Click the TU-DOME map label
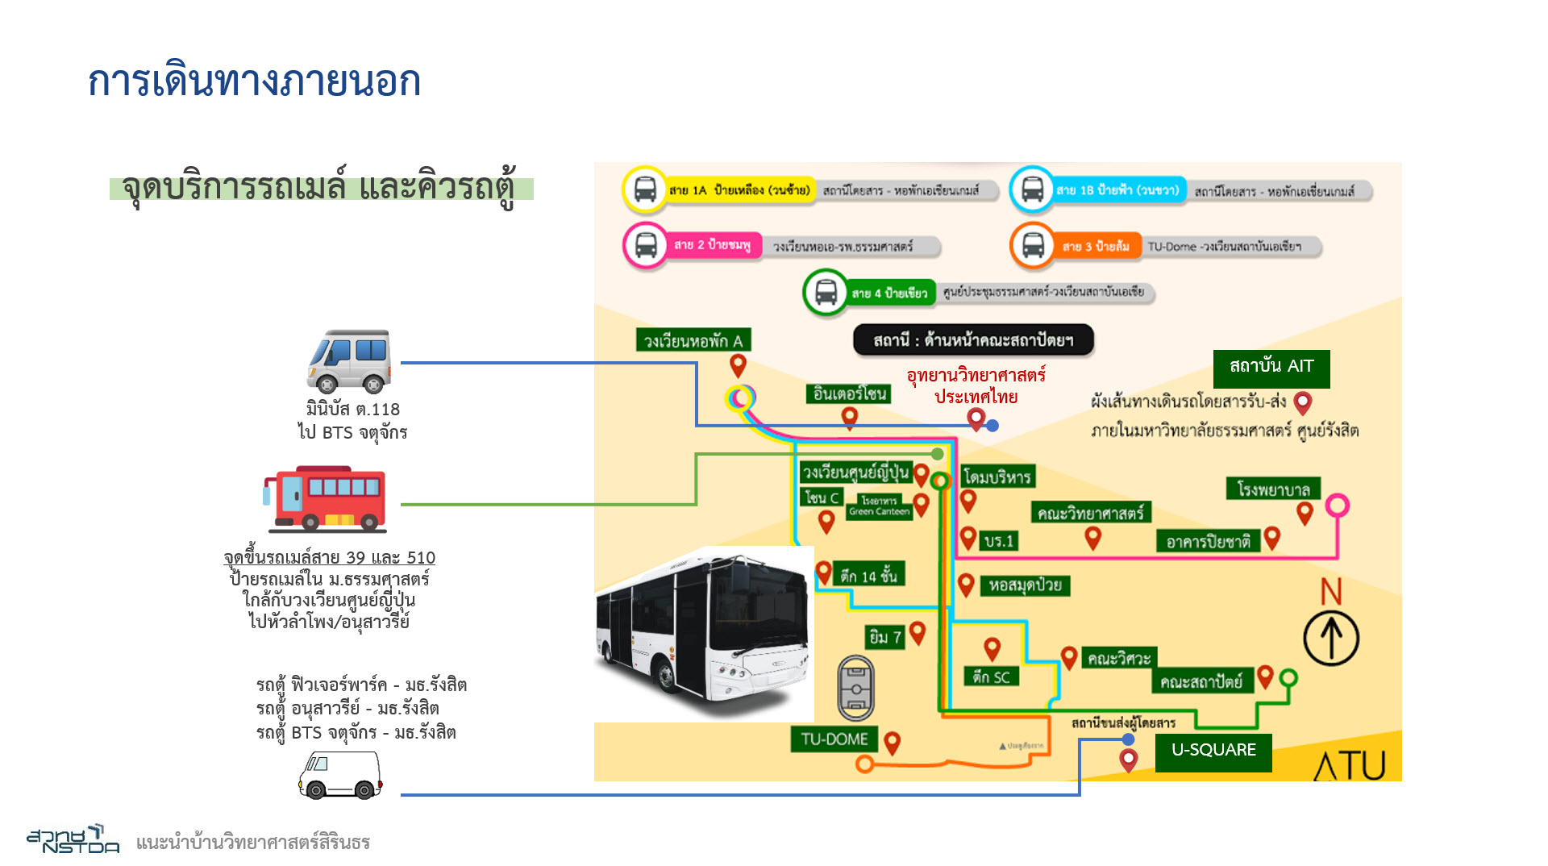click(x=834, y=739)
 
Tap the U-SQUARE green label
click(x=1213, y=751)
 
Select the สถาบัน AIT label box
click(x=1271, y=368)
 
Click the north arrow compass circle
click(x=1331, y=638)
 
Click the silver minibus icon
click(x=349, y=360)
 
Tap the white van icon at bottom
click(x=339, y=775)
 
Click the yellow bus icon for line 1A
click(x=645, y=190)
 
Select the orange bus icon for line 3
click(x=1033, y=245)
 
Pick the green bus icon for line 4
click(x=826, y=292)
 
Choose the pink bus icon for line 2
click(x=646, y=245)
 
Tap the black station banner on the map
click(x=973, y=340)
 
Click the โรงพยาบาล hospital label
click(x=1273, y=489)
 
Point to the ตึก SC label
click(x=991, y=677)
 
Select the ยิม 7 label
click(x=884, y=638)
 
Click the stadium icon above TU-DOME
click(x=855, y=688)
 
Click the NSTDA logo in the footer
click(x=73, y=839)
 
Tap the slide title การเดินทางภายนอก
click(x=254, y=81)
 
